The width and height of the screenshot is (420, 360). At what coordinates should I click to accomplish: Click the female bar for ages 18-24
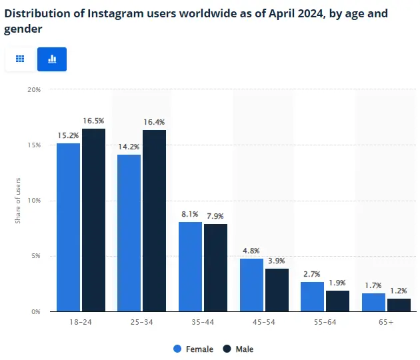coord(68,227)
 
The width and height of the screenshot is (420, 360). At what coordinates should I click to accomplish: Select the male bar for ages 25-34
coord(155,220)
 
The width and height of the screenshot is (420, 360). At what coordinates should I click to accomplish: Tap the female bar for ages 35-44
coord(190,267)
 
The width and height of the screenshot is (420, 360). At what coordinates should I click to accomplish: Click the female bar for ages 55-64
coord(312,296)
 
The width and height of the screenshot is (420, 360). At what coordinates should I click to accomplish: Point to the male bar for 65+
coord(399,305)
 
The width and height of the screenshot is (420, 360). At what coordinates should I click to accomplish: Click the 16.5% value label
coord(93,121)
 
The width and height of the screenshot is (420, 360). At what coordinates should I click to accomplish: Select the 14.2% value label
coord(129,147)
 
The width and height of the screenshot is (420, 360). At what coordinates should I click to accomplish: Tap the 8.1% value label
coord(190,214)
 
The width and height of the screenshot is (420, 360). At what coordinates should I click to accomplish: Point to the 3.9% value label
coord(277,261)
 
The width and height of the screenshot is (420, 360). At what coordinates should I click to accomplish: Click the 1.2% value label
coord(399,291)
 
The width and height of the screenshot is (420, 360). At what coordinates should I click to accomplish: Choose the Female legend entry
coord(193,349)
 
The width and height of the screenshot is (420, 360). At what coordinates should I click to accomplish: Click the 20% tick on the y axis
coord(33,89)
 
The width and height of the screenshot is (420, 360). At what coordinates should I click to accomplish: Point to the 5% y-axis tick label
coord(35,256)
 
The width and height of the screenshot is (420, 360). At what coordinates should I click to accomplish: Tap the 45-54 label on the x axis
coord(264,323)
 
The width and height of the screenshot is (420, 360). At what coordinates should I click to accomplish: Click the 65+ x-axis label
coord(386,323)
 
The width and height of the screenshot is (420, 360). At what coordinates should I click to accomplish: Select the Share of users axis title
coord(18,200)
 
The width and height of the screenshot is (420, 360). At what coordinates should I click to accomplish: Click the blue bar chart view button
coord(52,59)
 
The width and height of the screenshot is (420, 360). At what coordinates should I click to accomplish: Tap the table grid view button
coord(20,59)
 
